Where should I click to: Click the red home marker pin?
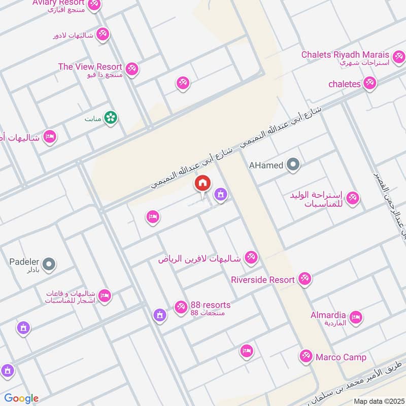(202, 184)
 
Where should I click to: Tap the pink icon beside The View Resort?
(132, 69)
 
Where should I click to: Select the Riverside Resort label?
(262, 280)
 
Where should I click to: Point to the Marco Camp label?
(341, 357)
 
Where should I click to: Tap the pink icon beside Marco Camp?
(306, 357)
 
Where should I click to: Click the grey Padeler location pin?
(49, 264)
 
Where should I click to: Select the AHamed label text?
(265, 165)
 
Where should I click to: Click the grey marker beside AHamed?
(293, 164)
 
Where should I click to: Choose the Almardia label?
(328, 315)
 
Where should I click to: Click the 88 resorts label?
(211, 305)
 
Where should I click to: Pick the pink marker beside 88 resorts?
(180, 307)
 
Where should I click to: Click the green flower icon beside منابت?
(110, 118)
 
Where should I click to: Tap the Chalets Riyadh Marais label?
(345, 54)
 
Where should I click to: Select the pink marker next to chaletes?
(369, 84)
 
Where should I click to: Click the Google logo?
(21, 398)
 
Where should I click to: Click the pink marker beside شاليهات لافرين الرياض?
(250, 258)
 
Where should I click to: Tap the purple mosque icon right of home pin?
(220, 194)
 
